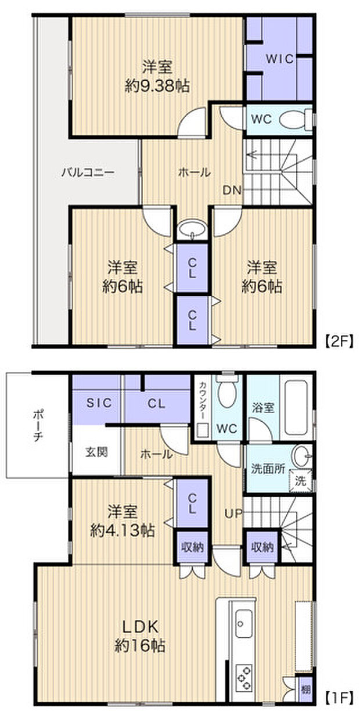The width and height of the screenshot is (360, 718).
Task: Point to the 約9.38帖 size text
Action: (157, 87)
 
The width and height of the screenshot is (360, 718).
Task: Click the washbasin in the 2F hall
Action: (192, 231)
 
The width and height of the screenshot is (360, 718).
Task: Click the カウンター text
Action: (202, 401)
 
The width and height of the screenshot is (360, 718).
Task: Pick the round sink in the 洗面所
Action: (301, 454)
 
